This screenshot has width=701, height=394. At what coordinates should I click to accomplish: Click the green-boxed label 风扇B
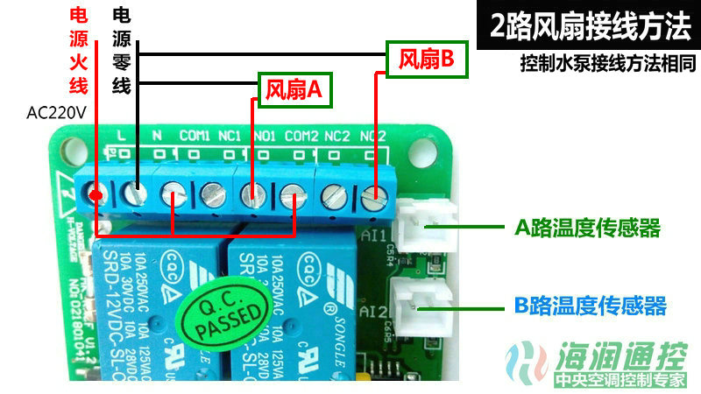(x=426, y=60)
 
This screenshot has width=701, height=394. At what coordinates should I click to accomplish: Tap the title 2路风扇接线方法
(x=590, y=26)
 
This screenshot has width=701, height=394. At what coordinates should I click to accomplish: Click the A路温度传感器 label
(x=586, y=229)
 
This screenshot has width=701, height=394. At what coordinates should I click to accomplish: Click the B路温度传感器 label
(x=590, y=306)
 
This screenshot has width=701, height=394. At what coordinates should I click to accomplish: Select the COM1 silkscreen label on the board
(x=194, y=136)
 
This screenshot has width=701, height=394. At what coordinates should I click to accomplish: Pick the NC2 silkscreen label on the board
(x=337, y=136)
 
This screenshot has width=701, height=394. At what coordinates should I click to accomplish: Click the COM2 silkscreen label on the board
(x=301, y=136)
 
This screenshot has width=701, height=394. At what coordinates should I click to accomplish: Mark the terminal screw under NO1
(x=252, y=193)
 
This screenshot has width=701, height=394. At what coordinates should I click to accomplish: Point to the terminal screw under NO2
(x=375, y=198)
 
